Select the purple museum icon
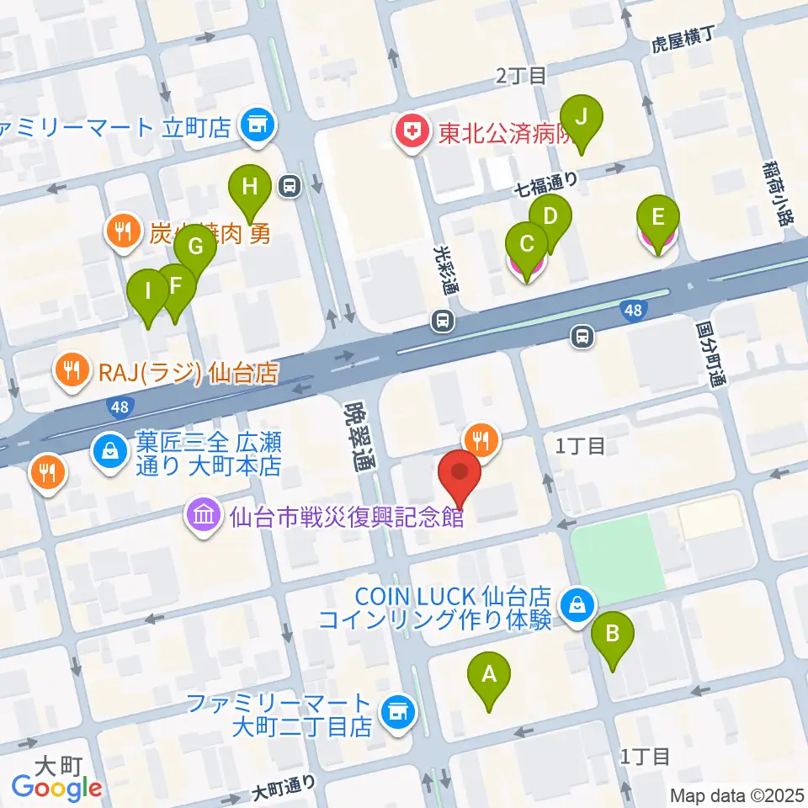click(204, 515)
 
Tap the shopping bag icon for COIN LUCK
click(579, 603)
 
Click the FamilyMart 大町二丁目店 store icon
click(396, 713)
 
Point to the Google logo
click(57, 787)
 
